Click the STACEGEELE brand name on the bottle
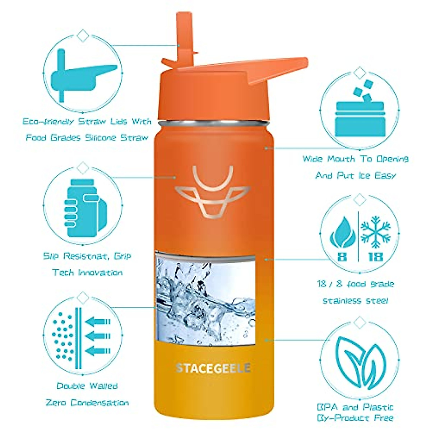(x=213, y=368)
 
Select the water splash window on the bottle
(x=205, y=298)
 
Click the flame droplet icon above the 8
(x=342, y=233)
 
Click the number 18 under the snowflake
(x=375, y=257)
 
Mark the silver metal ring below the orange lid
(x=214, y=123)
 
